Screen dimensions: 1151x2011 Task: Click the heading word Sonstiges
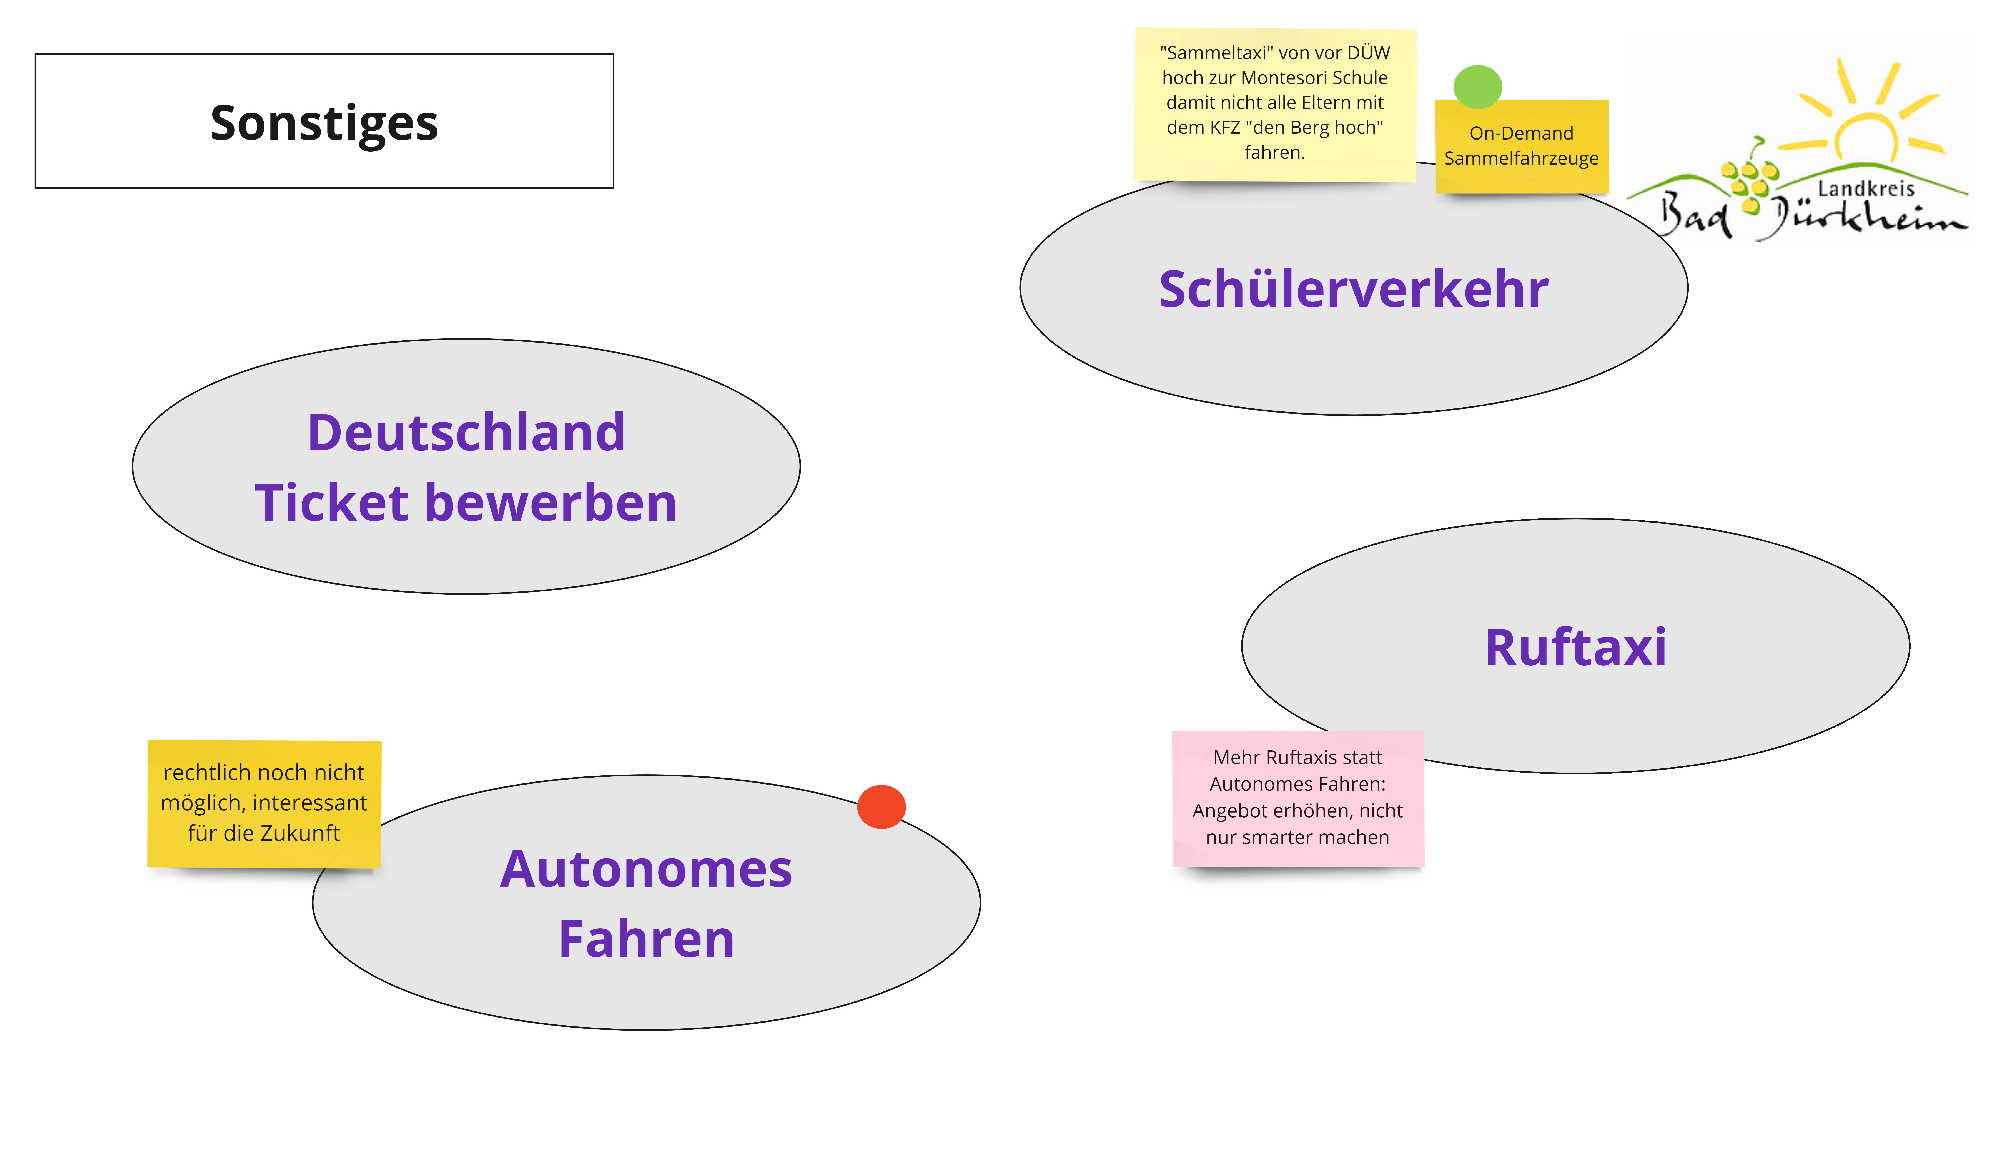324,123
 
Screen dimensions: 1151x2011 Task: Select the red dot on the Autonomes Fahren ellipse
881,806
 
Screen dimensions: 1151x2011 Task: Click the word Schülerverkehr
1353,289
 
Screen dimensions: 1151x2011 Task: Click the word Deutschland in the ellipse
466,433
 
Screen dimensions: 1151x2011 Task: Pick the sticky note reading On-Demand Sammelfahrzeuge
1521,147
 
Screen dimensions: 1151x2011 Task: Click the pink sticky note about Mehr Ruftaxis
1297,798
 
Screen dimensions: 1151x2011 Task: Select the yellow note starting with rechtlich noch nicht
264,803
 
